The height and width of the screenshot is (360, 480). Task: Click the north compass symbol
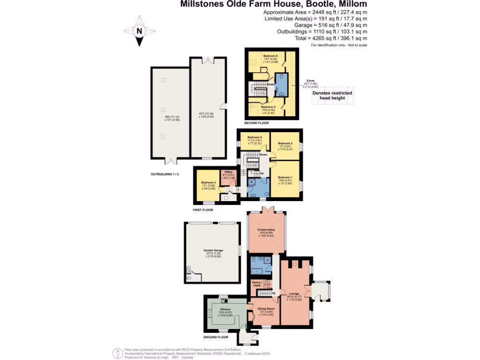pyautogui.click(x=139, y=31)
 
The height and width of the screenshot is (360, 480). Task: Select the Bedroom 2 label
pyautogui.click(x=285, y=143)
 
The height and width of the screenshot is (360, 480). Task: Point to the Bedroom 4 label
pyautogui.click(x=255, y=137)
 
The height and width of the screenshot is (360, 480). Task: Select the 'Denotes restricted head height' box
pyautogui.click(x=332, y=96)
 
